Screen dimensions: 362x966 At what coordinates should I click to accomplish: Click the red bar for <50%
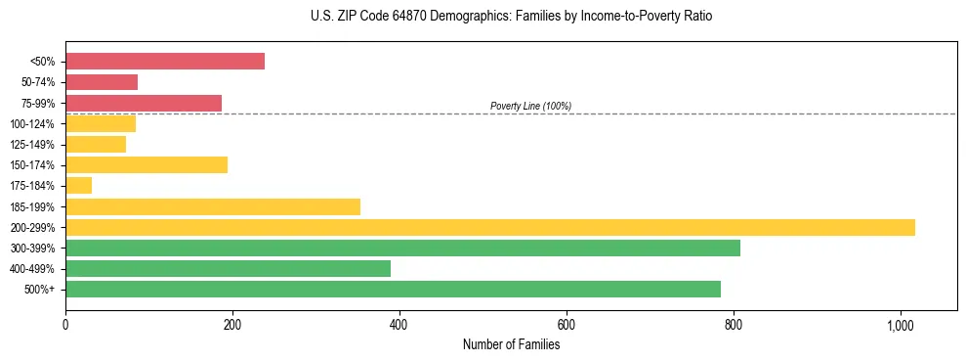[x=165, y=62]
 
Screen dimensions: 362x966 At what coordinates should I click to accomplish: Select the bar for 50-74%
[x=102, y=82]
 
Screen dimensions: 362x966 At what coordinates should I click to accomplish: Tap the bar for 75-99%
[x=144, y=103]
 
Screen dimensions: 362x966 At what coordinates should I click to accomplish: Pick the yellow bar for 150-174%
[x=147, y=165]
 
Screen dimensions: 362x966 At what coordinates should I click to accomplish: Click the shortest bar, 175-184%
[x=79, y=186]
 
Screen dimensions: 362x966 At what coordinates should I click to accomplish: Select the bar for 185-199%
[x=213, y=206]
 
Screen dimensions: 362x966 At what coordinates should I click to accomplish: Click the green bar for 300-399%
[x=402, y=248]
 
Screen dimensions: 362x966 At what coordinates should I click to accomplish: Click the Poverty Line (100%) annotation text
[x=530, y=106]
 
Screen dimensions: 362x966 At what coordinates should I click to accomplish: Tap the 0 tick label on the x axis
[x=65, y=324]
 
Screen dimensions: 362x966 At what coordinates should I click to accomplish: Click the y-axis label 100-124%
[x=32, y=124]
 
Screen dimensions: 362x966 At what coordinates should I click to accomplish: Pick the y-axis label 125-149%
[x=32, y=145]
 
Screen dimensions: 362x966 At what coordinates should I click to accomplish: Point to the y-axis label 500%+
[x=38, y=290]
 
